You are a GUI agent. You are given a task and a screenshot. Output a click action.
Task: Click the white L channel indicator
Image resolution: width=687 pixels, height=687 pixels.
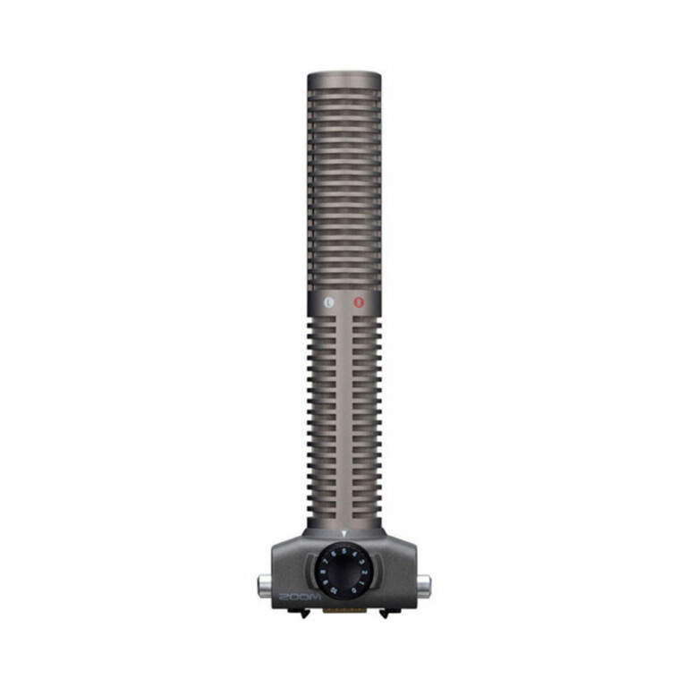[328, 303]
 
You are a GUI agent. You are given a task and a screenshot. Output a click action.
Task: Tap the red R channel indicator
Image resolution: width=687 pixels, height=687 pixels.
[360, 303]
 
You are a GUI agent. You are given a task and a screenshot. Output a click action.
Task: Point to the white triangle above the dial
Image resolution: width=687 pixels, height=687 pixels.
[344, 534]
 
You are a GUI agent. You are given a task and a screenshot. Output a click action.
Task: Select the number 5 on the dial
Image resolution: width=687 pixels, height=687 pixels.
[344, 550]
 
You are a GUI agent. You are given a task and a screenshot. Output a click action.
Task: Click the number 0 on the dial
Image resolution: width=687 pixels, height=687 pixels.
[355, 589]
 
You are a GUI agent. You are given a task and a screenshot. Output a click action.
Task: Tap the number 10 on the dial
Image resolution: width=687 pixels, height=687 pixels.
[334, 589]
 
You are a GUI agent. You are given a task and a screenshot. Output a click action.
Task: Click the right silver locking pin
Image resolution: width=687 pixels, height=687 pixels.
[423, 587]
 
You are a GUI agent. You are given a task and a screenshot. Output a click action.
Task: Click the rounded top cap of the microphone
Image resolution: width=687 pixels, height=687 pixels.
[344, 78]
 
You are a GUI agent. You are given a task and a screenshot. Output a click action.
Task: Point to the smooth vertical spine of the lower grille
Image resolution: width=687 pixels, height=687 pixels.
[344, 420]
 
